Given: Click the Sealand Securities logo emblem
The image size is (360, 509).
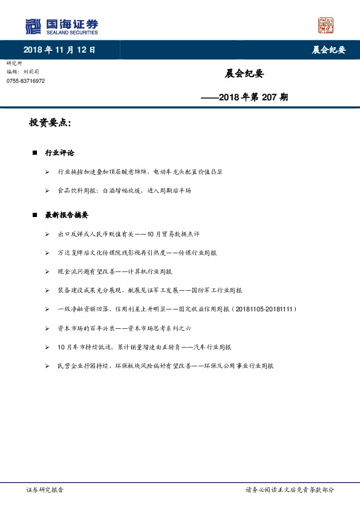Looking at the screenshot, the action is tap(33, 26).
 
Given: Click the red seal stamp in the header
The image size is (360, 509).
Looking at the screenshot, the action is tap(326, 25).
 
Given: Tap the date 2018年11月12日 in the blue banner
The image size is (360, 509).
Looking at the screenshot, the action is tap(59, 50).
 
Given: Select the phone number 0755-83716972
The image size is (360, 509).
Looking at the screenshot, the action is tap(25, 81).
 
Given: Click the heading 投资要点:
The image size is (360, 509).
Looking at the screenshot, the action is tap(50, 123).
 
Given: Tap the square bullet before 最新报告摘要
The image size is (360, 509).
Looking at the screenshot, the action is tap(35, 215).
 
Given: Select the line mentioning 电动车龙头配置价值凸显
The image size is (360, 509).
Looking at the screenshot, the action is tap(140, 172).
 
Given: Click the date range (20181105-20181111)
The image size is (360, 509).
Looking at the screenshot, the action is tap(264, 309).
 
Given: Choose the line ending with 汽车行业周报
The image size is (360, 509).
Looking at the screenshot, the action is tap(144, 347).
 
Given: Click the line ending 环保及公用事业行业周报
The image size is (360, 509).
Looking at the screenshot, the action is tap(166, 366).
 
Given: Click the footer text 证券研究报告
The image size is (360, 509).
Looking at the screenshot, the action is tap(45, 490).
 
